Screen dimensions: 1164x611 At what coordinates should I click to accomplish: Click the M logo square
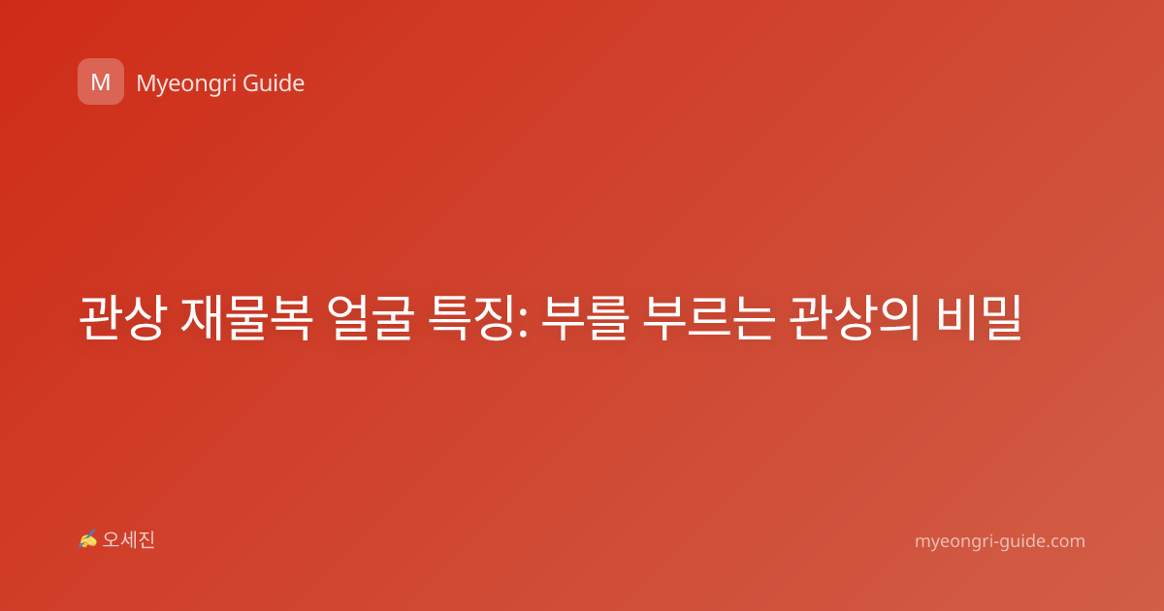[101, 81]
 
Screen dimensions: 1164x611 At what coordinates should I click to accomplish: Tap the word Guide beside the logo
[274, 83]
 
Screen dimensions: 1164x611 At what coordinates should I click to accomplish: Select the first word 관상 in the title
[120, 317]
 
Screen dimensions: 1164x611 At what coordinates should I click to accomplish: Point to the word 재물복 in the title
[246, 317]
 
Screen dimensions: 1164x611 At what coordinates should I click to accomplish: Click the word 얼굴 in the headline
[371, 317]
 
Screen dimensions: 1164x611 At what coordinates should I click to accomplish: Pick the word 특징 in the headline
[471, 317]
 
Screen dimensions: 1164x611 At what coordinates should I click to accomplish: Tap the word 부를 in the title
[584, 317]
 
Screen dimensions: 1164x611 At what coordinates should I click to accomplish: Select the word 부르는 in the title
[709, 317]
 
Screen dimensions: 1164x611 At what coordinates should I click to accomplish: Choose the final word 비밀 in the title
[979, 317]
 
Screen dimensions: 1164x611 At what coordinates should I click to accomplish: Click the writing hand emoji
[88, 539]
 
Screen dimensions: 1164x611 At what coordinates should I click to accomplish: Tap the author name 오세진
[128, 540]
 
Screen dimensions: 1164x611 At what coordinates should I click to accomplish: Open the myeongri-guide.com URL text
[1000, 541]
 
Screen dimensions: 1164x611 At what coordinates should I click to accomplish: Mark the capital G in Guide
[250, 83]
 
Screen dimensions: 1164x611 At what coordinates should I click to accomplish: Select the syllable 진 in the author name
[146, 540]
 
